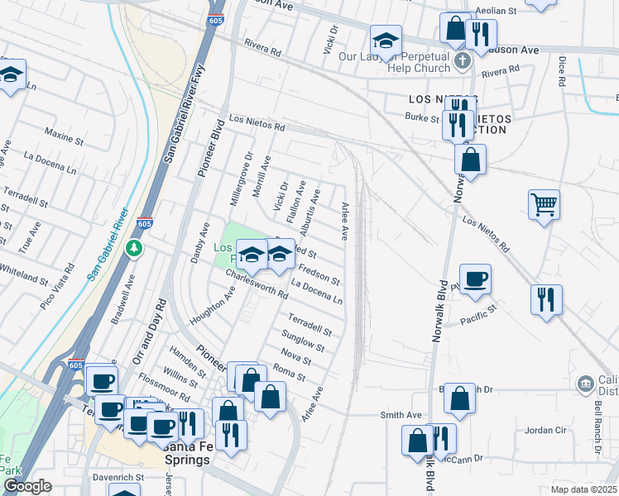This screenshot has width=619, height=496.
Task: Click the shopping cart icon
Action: [544, 203]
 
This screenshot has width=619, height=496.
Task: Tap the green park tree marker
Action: [134, 247]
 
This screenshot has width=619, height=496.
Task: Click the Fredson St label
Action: [319, 274]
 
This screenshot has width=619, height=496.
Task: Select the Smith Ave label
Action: [401, 415]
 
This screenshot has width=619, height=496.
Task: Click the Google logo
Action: [27, 486]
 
